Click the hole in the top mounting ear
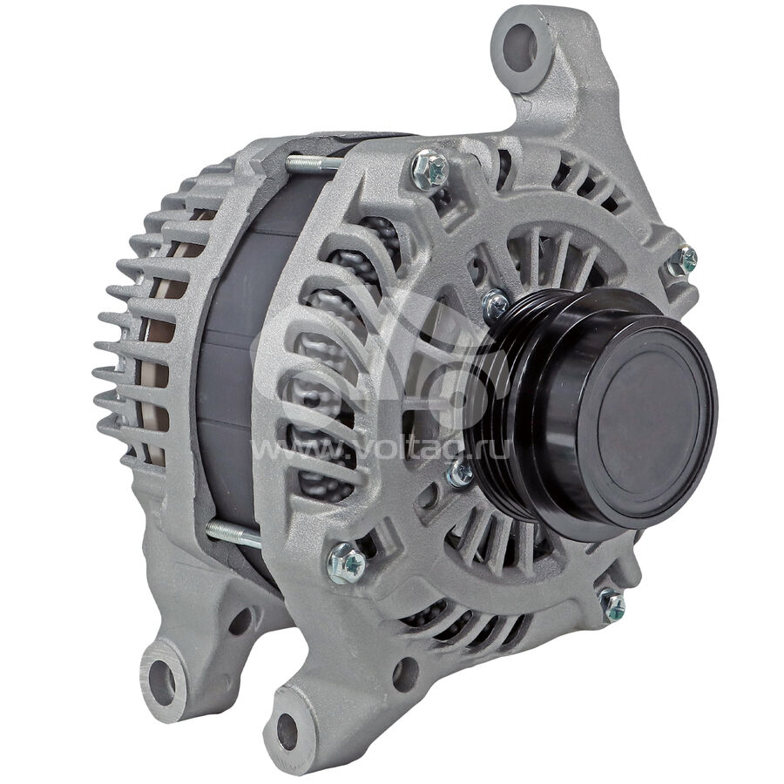[520, 48]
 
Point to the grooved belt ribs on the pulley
[505, 400]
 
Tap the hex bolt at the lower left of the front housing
[346, 563]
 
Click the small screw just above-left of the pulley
[495, 305]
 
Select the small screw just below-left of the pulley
[460, 473]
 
